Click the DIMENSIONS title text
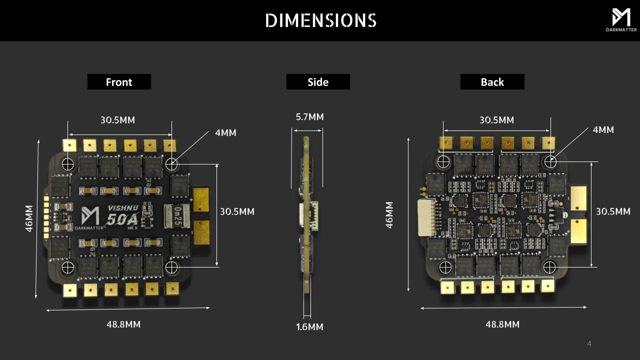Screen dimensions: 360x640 click(x=320, y=20)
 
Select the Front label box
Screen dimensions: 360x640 click(x=119, y=82)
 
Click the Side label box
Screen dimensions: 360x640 click(x=318, y=82)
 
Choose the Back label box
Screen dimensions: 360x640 click(x=492, y=82)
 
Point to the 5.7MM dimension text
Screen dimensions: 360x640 click(x=309, y=117)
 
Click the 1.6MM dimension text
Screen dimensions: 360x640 click(x=309, y=327)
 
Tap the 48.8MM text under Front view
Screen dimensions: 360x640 click(x=123, y=324)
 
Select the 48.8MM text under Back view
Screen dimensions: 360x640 click(x=502, y=324)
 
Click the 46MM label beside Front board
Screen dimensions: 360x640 click(x=29, y=218)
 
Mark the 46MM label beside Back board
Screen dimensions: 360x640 click(x=389, y=215)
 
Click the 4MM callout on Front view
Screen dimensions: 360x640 click(x=225, y=133)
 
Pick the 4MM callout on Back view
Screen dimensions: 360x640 click(x=603, y=130)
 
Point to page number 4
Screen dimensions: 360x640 click(x=589, y=343)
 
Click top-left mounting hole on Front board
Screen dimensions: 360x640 click(x=68, y=163)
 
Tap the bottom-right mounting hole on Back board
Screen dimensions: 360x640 click(x=549, y=266)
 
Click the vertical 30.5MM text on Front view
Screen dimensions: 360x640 click(x=237, y=211)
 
